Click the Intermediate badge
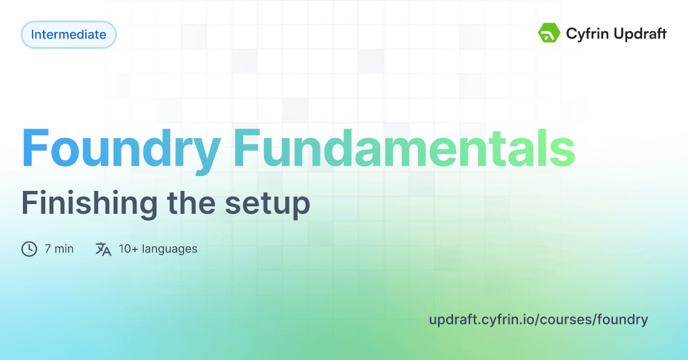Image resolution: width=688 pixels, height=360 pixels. click(68, 34)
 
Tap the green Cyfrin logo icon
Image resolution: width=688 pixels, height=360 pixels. click(549, 33)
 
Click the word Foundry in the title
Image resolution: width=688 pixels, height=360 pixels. click(121, 149)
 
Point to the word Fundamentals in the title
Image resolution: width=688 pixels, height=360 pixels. click(404, 149)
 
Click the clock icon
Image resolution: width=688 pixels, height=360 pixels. click(29, 249)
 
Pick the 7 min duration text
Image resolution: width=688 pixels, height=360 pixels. click(59, 249)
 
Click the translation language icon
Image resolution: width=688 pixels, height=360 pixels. click(103, 249)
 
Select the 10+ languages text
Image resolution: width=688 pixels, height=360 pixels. click(158, 249)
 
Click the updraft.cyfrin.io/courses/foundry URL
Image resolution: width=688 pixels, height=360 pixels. click(538, 319)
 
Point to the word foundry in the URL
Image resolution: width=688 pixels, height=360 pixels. click(623, 320)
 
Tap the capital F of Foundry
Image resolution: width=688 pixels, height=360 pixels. click(34, 148)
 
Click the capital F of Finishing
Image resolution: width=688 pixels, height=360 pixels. click(28, 203)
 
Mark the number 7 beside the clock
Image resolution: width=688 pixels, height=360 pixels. click(48, 249)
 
